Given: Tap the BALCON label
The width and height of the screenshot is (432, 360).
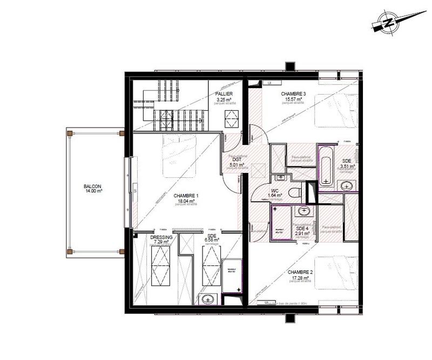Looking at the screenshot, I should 92,185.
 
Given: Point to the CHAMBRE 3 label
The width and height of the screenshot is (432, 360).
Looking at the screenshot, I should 294,94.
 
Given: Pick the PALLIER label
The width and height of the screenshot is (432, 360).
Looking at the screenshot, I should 225,94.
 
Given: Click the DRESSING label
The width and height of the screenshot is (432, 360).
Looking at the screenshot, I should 162,237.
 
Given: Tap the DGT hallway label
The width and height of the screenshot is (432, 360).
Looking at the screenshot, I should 237,159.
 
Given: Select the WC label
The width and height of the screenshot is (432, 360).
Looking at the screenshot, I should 274,190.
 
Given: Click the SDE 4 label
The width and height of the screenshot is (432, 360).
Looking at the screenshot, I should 302,228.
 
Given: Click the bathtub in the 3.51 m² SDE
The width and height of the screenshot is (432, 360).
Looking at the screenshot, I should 326,165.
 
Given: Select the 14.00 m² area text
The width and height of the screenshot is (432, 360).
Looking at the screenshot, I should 92,190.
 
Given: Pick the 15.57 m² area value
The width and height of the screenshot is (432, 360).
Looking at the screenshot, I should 294,99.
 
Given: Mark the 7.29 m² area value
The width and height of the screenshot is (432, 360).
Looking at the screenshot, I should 162,243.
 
